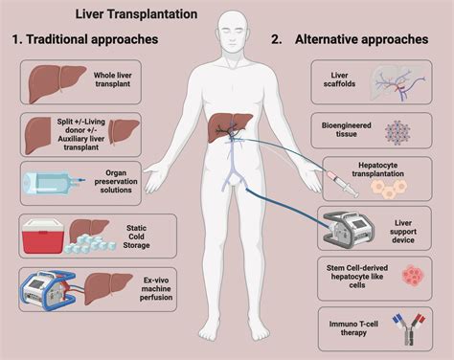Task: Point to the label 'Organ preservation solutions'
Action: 116,177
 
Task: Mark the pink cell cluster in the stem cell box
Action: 413,279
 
